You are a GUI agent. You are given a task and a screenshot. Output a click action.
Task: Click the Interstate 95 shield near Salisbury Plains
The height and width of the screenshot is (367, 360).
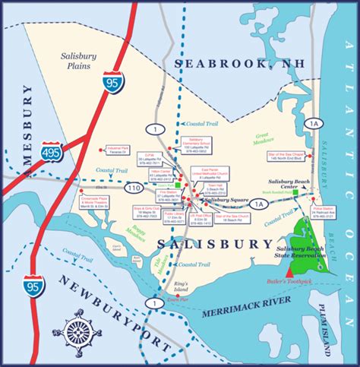(x=112, y=82)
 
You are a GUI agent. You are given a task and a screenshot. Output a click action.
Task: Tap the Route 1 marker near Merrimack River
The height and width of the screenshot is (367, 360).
(x=155, y=303)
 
